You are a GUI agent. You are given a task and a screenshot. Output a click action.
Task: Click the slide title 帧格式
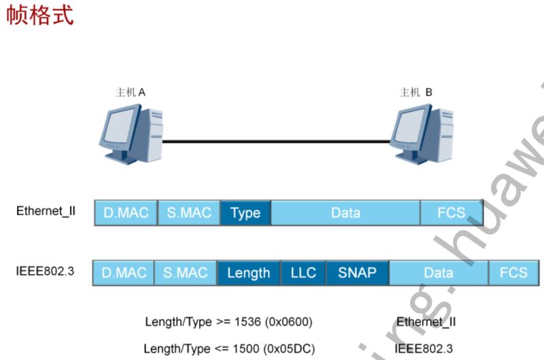point(39,15)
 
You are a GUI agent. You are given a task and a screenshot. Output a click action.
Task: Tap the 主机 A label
point(131,92)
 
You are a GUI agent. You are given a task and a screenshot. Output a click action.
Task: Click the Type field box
point(245,213)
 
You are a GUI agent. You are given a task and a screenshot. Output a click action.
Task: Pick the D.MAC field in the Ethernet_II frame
point(126,213)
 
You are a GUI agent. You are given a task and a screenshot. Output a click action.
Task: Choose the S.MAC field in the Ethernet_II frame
point(189,213)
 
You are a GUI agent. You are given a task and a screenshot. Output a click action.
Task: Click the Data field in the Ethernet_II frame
point(345,213)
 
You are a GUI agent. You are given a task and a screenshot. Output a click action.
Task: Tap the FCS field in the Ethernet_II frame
point(452,213)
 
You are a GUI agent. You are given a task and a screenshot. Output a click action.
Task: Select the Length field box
point(248,273)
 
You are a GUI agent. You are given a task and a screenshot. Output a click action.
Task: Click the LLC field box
point(303,273)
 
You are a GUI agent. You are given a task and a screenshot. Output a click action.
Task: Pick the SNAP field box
point(357,273)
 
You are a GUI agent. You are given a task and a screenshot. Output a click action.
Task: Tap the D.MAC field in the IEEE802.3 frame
point(124,273)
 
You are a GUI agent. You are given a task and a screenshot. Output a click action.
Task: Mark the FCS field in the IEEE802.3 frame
point(513,273)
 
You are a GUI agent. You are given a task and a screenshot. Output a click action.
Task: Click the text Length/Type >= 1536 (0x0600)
point(229,321)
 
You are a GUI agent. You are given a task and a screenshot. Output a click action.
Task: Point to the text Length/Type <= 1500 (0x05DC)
point(230,348)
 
